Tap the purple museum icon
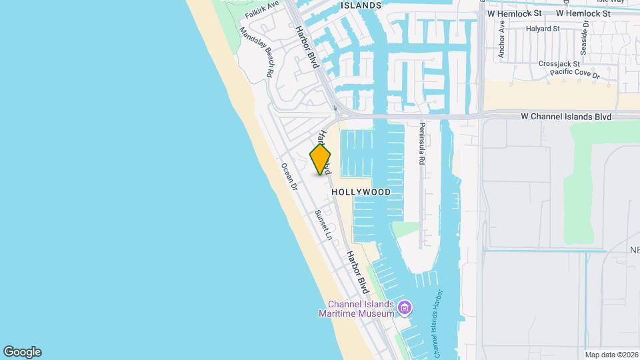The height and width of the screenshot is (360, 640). [x=404, y=308]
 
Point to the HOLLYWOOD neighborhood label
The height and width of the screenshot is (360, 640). [x=361, y=192]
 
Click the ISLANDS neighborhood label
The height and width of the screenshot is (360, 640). [x=361, y=5]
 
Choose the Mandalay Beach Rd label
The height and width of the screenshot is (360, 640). [x=257, y=53]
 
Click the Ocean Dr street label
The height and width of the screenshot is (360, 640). [x=289, y=177]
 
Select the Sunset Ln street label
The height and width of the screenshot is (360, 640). [x=323, y=225]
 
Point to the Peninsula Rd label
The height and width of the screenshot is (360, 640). [x=422, y=143]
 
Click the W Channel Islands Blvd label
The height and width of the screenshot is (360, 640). [x=566, y=117]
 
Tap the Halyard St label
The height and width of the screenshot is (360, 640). [x=542, y=29]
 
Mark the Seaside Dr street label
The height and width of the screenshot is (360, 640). [x=585, y=37]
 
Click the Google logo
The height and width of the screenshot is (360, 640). [x=22, y=352]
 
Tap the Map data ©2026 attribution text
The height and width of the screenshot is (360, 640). [x=611, y=355]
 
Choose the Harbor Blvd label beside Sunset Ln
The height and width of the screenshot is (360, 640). [x=357, y=273]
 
